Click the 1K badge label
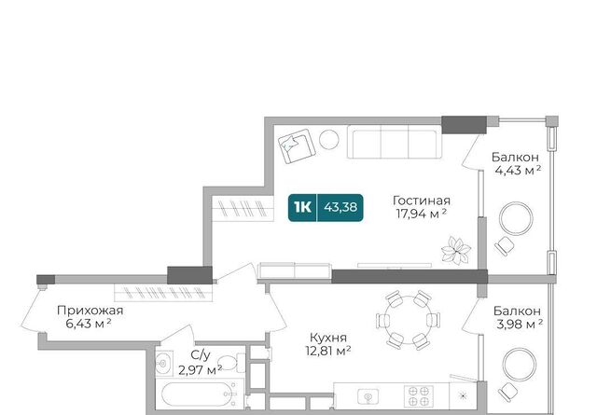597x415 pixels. click(302, 207)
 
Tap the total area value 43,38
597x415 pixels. click(340, 207)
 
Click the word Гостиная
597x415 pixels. click(422, 201)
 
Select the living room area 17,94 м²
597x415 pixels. click(421, 214)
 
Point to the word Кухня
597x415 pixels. click(328, 338)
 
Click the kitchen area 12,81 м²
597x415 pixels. click(328, 351)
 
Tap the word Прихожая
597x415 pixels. click(90, 311)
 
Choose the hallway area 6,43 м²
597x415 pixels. click(89, 324)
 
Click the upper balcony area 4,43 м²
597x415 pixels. click(518, 170)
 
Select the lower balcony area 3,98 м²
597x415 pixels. click(520, 324)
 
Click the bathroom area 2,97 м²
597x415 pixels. click(201, 369)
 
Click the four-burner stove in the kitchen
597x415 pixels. click(419, 396)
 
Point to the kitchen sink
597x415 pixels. click(368, 396)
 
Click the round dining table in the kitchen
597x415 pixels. click(408, 320)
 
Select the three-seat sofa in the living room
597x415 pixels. click(395, 144)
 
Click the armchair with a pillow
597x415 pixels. click(297, 146)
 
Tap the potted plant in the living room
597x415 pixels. click(456, 250)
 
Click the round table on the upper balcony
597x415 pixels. click(516, 218)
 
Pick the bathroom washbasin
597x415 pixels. click(164, 364)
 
